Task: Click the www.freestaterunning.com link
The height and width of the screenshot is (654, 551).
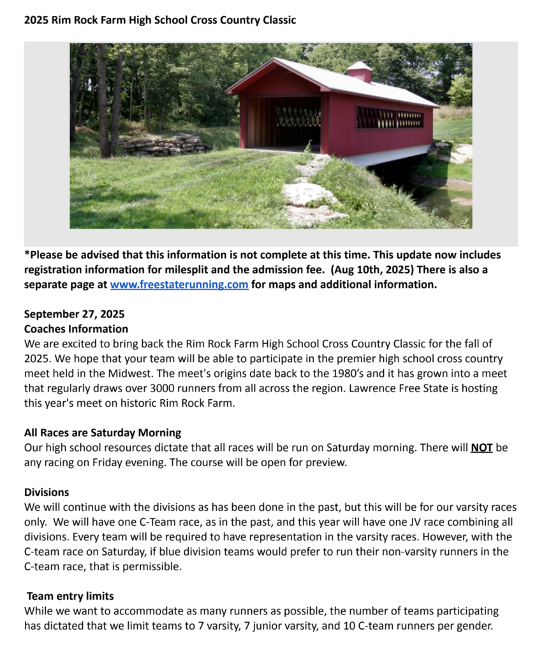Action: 179,285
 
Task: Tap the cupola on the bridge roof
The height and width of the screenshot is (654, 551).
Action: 360,72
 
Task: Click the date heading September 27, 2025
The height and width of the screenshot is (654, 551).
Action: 74,314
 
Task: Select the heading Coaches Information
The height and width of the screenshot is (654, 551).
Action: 76,329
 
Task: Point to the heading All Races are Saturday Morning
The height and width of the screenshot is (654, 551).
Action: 102,433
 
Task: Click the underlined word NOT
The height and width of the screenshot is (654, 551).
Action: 481,448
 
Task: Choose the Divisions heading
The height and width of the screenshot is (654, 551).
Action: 47,492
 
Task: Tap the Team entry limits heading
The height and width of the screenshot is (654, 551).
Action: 70,596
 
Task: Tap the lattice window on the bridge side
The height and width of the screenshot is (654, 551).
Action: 389,118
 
